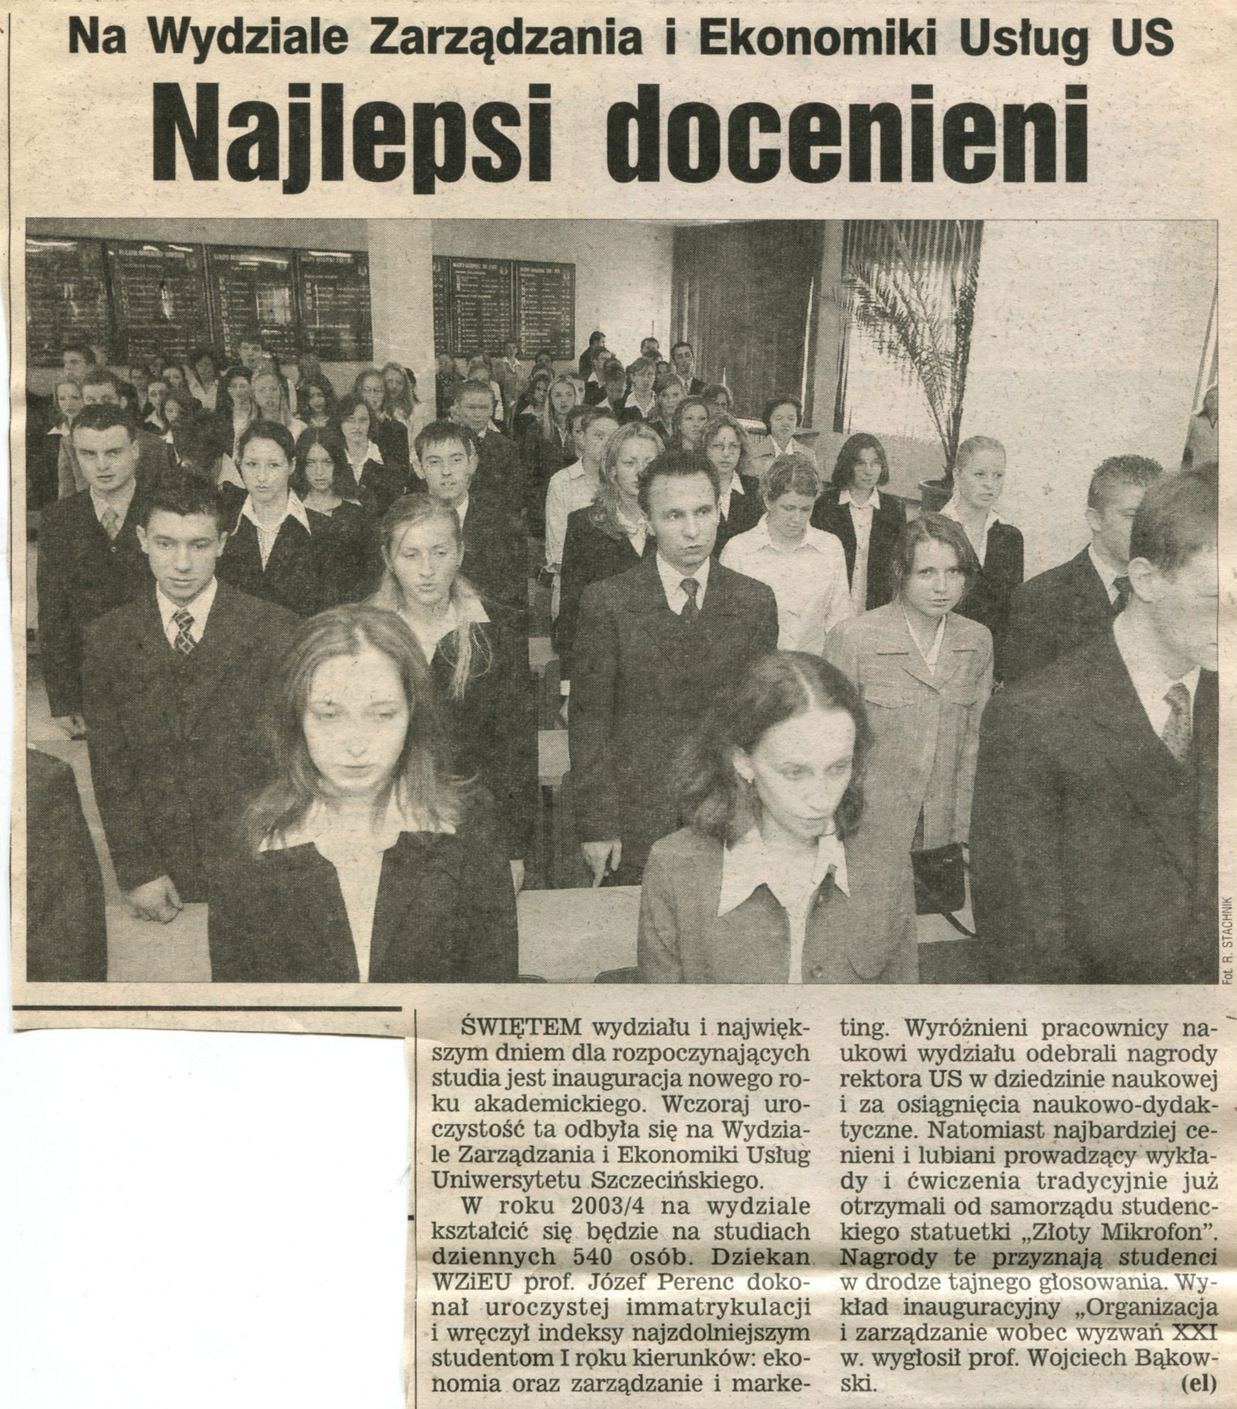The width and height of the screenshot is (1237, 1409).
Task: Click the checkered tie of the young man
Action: (182, 631)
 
